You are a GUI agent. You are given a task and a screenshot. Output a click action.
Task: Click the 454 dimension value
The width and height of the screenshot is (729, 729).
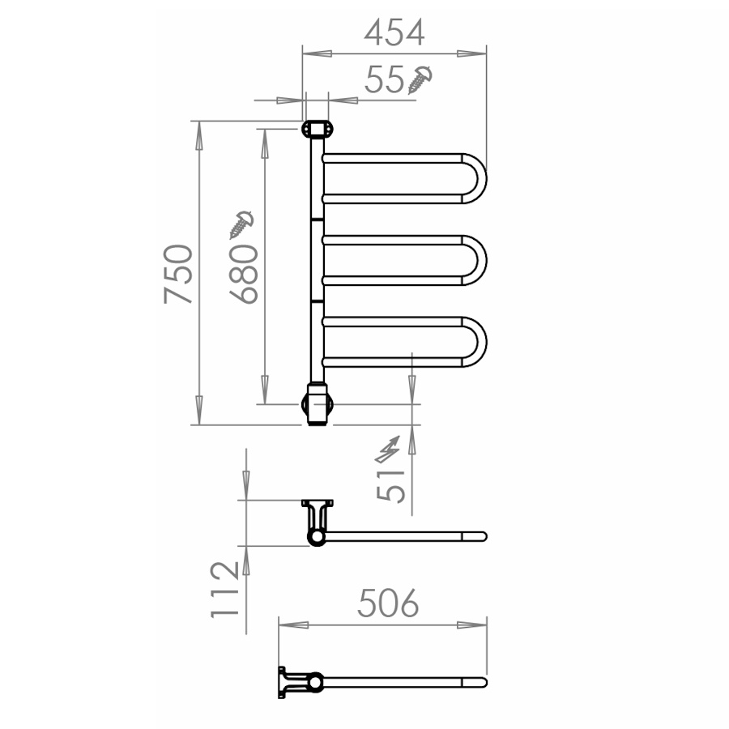pos(394,32)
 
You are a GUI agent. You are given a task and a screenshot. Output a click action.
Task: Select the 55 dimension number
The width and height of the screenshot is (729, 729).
pos(385,79)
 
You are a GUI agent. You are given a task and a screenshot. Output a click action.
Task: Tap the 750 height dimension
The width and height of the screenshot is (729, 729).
pos(178,274)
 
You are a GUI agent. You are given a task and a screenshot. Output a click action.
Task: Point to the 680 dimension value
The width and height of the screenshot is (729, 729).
pos(244,275)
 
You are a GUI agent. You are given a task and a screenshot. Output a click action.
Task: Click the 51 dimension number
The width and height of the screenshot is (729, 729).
pos(390,486)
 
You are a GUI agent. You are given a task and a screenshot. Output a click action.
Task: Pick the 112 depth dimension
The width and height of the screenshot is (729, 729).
pos(225,590)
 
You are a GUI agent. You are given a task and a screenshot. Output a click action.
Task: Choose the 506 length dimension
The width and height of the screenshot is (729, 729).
pos(388,603)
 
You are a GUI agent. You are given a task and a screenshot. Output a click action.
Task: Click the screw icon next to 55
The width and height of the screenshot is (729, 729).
pos(420,80)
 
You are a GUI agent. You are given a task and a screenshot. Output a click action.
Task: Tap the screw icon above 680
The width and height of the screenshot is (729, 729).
pos(241,224)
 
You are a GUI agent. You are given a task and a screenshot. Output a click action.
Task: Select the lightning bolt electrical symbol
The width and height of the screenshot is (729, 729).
pos(388,450)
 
